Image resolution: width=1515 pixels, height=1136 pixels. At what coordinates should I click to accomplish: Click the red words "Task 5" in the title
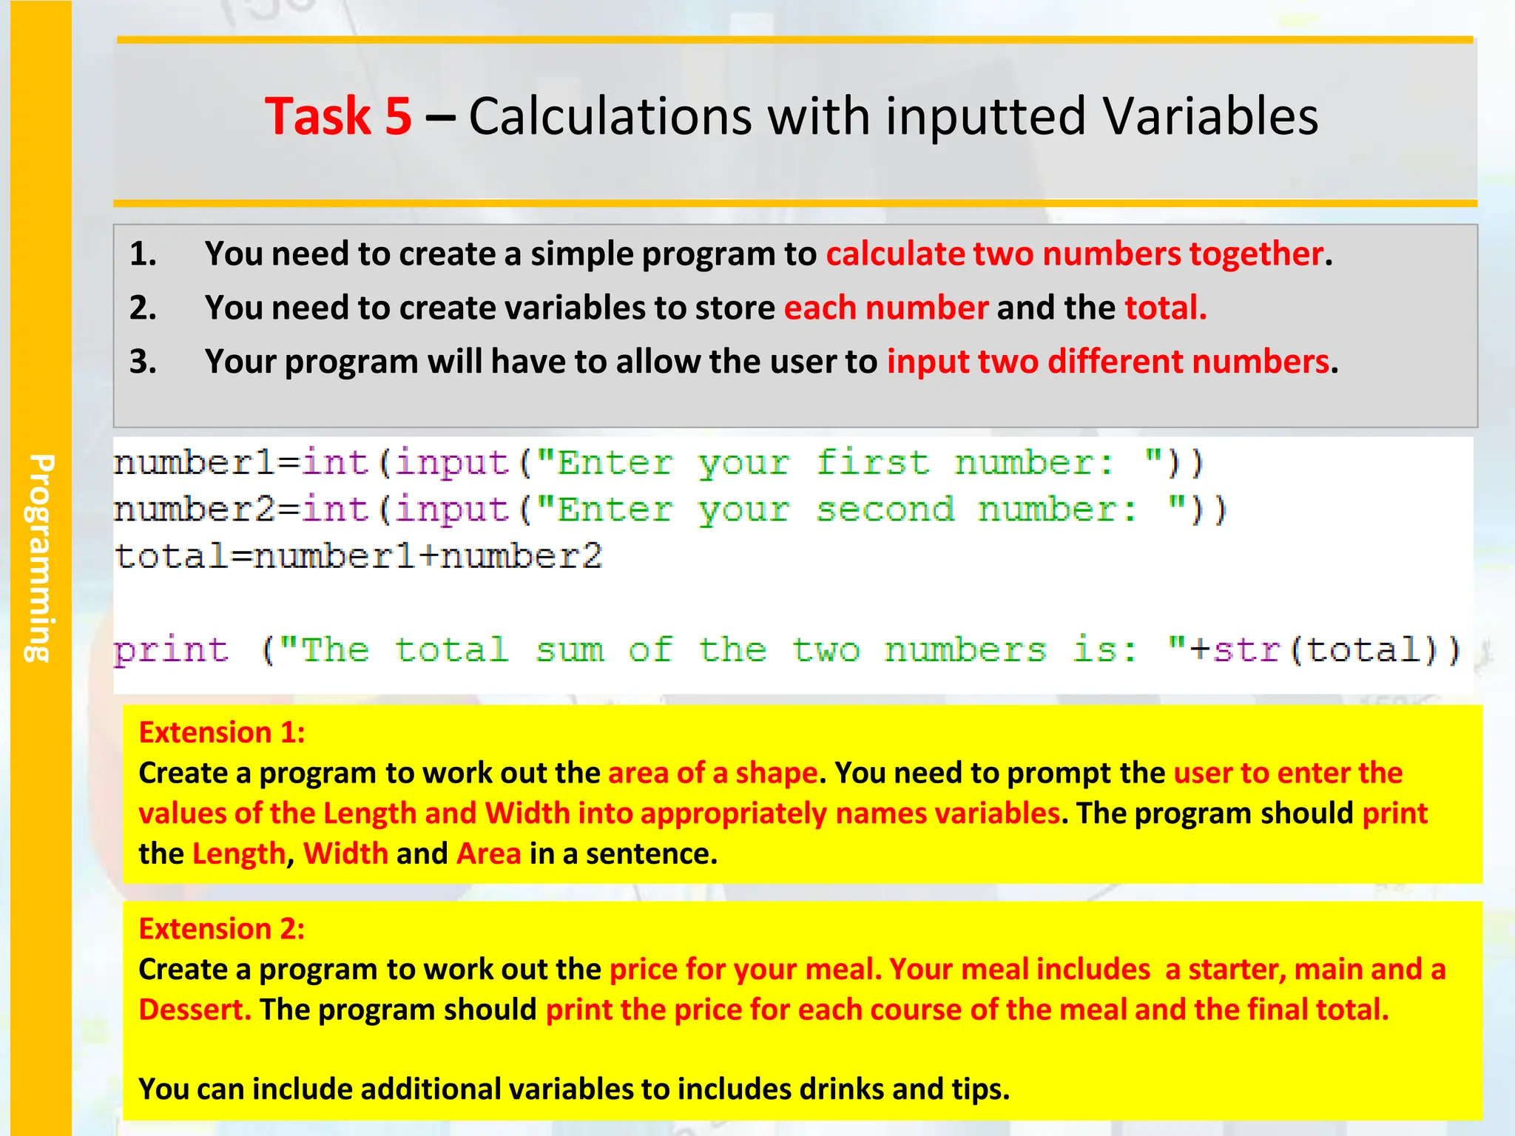coord(338,117)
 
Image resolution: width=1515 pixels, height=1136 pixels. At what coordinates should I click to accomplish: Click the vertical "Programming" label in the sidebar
coord(41,558)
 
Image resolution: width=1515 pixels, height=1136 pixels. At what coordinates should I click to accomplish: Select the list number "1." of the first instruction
coord(143,254)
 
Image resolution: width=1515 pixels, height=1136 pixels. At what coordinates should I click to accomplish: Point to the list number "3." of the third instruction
coord(143,362)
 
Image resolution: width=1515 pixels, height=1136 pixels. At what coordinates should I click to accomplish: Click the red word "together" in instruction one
coord(1255,254)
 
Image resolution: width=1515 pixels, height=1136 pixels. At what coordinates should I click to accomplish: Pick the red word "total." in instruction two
coord(1166,308)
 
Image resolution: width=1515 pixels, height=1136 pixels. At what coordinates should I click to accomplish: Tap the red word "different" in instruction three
coord(1115,362)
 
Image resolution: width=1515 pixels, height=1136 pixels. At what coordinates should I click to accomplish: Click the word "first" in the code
coord(873,464)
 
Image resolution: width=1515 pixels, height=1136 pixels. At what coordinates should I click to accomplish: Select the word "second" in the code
coord(885,510)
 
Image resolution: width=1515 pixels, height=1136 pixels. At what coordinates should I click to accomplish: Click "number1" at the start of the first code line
coord(195,464)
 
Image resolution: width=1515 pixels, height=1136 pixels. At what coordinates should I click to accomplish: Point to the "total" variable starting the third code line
coord(172,556)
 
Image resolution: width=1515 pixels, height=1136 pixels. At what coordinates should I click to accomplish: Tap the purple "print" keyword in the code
coord(171,651)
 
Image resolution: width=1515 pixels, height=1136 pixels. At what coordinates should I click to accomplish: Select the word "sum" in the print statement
coord(570,651)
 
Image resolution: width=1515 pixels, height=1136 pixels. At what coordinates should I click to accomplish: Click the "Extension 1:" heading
coord(222,732)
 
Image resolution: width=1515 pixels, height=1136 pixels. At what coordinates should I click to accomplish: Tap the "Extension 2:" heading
coord(222,929)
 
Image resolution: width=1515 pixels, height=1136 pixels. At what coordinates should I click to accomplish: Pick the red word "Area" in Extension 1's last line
coord(489,853)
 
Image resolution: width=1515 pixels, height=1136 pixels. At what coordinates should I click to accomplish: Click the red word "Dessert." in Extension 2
coord(195,1010)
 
